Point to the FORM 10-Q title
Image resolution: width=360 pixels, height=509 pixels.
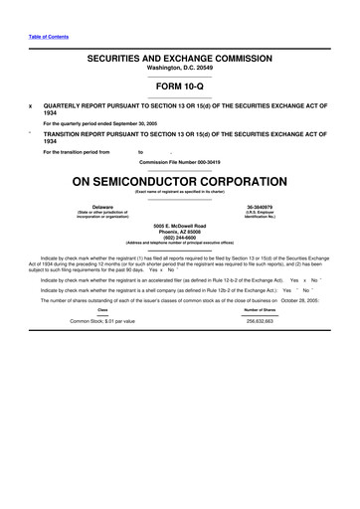pyautogui.click(x=180, y=86)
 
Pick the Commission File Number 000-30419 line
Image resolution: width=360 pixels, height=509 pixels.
pyautogui.click(x=180, y=160)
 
